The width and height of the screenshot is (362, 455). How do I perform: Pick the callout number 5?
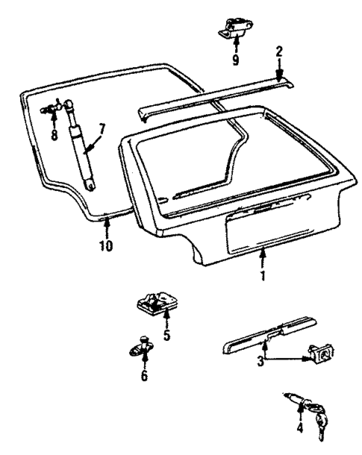(x=166, y=335)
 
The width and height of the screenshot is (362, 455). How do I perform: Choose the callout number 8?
(x=54, y=135)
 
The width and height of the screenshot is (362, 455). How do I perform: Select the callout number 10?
(x=107, y=245)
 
